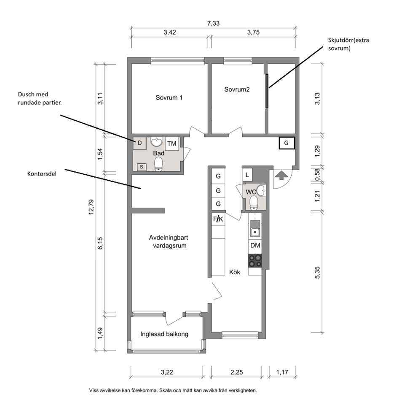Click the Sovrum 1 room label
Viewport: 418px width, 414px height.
point(169,97)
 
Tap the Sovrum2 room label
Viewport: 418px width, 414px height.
point(237,89)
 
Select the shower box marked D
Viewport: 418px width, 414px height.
point(139,143)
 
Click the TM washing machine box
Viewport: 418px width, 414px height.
point(171,143)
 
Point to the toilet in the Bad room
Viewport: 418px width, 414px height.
point(158,164)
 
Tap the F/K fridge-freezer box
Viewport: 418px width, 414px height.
point(218,219)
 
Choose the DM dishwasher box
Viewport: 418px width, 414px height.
point(255,245)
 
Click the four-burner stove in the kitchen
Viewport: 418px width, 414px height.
point(255,261)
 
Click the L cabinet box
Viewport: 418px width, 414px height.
point(247,176)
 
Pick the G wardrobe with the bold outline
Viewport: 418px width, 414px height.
point(287,143)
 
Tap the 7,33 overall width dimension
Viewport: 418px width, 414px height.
point(213,23)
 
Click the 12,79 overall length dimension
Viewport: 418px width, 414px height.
point(91,207)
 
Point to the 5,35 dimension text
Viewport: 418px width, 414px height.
point(317,273)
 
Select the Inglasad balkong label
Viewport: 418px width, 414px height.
point(164,334)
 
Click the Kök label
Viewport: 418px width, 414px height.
point(235,272)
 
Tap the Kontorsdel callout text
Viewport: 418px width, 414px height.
point(42,174)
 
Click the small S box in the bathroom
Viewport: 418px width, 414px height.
point(142,167)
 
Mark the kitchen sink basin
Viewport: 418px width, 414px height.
point(255,233)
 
